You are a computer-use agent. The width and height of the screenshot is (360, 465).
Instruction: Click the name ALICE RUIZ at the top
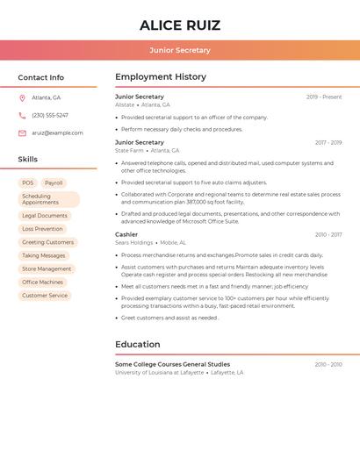pos(180,25)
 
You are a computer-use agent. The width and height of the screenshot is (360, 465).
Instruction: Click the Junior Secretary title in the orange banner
pos(180,50)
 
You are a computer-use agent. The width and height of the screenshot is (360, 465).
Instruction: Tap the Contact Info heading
pos(41,77)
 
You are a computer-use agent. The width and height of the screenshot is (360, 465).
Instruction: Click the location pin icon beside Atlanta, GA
pos(22,97)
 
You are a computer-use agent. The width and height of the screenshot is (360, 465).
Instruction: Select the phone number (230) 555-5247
pos(50,115)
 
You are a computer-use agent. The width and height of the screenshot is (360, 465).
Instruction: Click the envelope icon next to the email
pos(22,132)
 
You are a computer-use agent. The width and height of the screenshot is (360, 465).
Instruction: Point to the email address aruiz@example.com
pos(58,132)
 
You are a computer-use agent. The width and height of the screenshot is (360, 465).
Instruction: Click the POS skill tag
pos(28,182)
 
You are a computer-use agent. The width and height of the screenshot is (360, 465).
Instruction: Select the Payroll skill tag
pos(54,182)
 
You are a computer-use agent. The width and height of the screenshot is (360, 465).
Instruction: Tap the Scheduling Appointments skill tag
pos(48,199)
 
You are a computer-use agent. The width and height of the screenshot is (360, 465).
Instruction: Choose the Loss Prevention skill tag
pos(42,229)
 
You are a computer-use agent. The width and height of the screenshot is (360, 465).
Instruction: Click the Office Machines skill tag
pos(42,282)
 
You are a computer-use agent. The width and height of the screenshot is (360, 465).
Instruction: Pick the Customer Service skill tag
pos(45,296)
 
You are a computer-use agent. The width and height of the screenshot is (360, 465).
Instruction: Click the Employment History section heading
pos(161,77)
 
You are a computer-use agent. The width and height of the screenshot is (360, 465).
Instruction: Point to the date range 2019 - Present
pos(324,97)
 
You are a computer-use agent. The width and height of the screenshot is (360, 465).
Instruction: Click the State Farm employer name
pos(129,150)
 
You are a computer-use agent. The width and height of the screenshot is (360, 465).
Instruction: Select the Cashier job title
pos(126,234)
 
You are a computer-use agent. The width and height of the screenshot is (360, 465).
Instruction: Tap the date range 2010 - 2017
pos(328,234)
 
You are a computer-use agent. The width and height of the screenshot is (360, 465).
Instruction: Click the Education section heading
pos(138,344)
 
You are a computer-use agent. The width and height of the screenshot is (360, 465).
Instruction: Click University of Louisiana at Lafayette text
pos(158,372)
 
